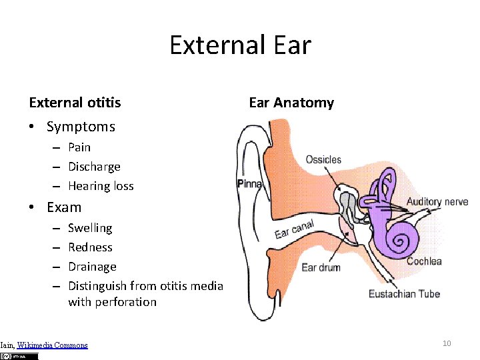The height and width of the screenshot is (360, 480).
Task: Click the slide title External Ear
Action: tap(240, 45)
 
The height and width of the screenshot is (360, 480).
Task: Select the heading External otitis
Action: tap(75, 103)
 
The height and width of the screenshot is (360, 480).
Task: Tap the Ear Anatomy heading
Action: tap(291, 103)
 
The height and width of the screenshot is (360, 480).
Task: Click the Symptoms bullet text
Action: tap(81, 127)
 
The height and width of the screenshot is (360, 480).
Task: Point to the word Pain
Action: tap(79, 147)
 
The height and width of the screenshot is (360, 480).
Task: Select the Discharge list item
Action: tap(94, 167)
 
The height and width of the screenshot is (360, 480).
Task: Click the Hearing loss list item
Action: tap(101, 186)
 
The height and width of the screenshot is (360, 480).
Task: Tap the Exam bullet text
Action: tap(64, 207)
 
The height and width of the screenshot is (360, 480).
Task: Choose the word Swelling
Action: tap(90, 228)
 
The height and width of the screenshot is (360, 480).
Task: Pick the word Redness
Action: tap(90, 247)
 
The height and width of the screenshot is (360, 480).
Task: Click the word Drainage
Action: tap(92, 267)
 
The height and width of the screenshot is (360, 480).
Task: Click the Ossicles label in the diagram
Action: tap(323, 160)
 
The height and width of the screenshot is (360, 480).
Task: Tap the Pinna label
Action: tap(249, 184)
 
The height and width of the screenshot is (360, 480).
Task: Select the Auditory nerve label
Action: tap(437, 201)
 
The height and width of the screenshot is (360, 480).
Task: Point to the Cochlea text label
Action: tap(424, 261)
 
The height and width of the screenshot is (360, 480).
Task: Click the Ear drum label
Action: tap(321, 267)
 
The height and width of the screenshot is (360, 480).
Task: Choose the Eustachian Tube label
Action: tap(404, 293)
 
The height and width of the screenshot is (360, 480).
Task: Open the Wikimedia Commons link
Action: tap(52, 345)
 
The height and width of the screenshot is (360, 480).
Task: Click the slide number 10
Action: tap(447, 343)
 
